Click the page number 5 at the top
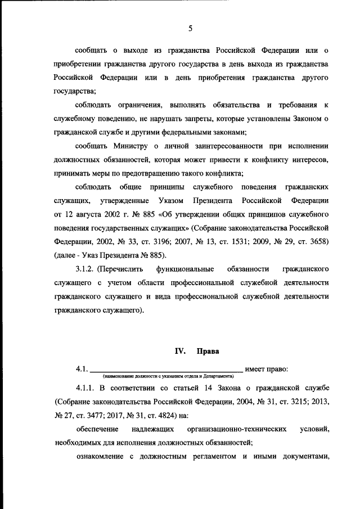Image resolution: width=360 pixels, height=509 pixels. coord(191,28)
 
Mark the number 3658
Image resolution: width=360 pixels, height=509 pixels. coord(316,241)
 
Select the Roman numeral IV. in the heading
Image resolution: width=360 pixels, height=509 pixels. coord(180,350)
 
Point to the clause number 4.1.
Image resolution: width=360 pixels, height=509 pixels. coord(82,369)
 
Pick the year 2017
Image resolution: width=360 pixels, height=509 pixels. coord(120,416)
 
